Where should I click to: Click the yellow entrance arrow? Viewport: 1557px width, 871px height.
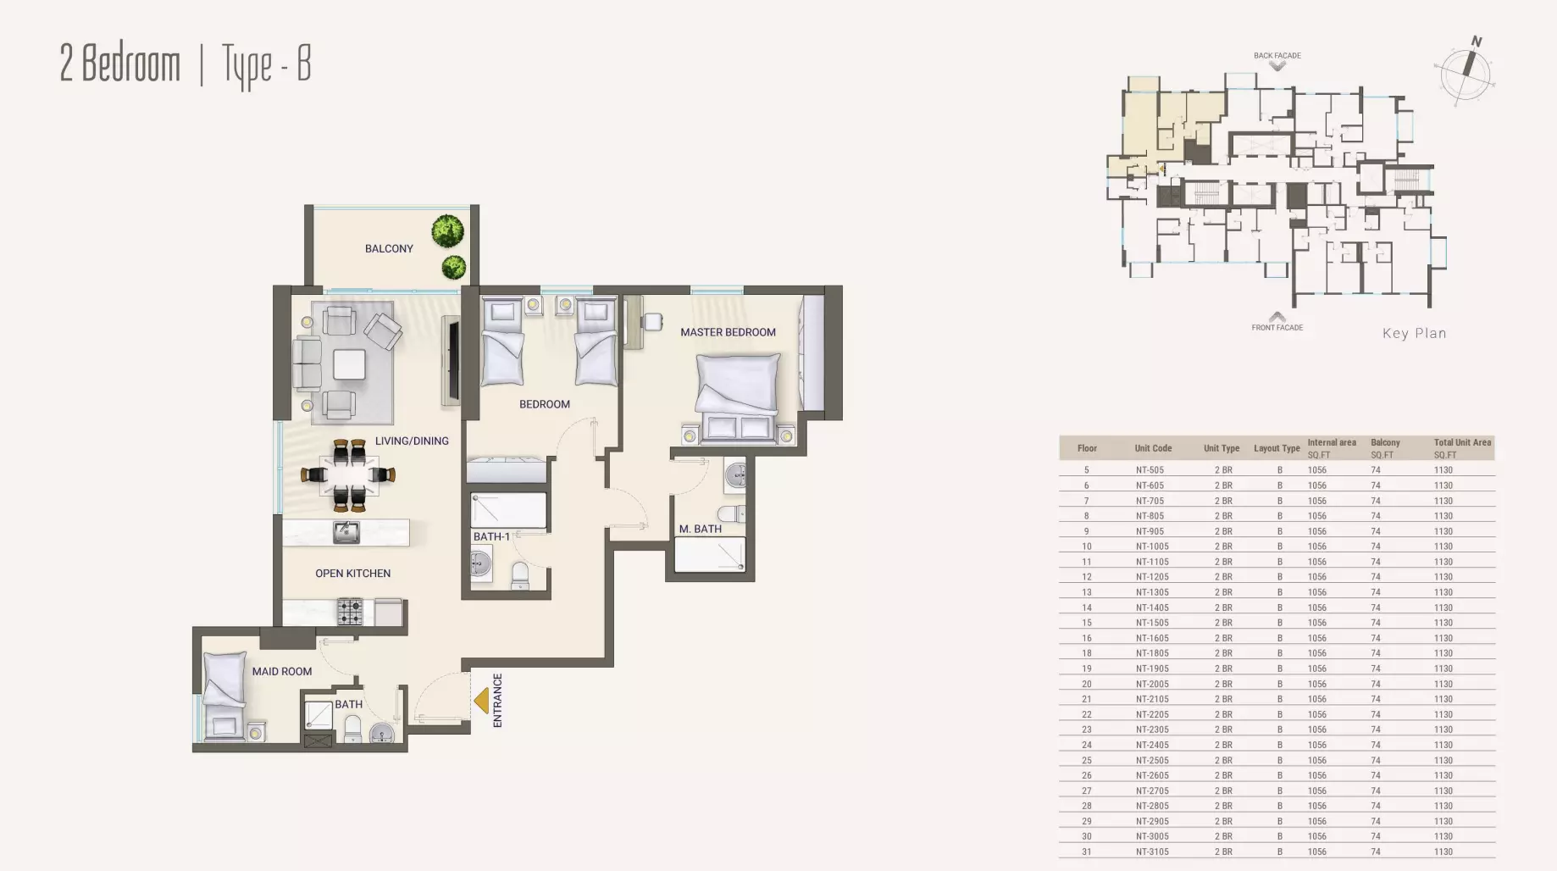coord(481,701)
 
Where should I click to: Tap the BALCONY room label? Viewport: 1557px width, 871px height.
coord(389,248)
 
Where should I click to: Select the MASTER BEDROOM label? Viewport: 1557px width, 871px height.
coord(728,332)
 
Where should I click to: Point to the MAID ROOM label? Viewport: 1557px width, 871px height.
coord(282,671)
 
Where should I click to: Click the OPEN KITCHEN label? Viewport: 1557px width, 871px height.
coord(352,574)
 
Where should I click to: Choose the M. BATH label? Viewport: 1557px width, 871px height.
coord(701,529)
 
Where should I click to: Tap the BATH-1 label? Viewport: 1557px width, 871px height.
coord(491,536)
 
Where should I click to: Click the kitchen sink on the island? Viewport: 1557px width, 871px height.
coord(346,533)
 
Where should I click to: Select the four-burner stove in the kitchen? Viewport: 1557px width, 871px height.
coord(350,611)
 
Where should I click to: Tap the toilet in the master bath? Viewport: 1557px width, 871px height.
coord(730,513)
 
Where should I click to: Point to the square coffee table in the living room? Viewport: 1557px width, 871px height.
coord(349,364)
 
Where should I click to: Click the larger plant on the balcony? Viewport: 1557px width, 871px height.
coord(447,230)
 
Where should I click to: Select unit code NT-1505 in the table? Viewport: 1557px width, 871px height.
coord(1152,623)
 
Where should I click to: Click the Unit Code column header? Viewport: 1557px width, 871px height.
coord(1153,448)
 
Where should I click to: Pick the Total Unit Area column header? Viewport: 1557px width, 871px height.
coord(1462,442)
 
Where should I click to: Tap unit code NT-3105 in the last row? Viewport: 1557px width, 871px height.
coord(1152,852)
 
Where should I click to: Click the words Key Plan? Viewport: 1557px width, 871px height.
coord(1414,333)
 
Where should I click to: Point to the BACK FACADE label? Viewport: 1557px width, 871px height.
coord(1277,56)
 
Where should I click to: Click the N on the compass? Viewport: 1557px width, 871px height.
coord(1476,42)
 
